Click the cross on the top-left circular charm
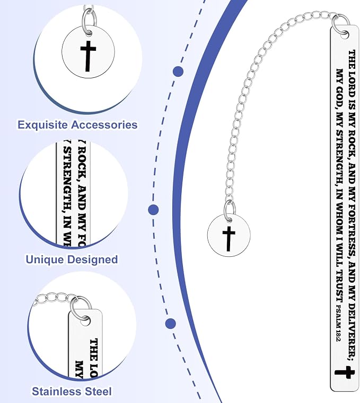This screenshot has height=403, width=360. [88, 56]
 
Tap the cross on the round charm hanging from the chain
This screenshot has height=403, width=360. [229, 239]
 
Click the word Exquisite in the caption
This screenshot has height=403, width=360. [42, 125]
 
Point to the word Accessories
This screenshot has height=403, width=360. [104, 124]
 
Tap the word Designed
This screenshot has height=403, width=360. [92, 259]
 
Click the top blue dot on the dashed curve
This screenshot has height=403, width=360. [178, 71]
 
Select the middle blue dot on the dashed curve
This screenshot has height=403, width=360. [153, 210]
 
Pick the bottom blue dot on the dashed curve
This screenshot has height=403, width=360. [171, 324]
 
